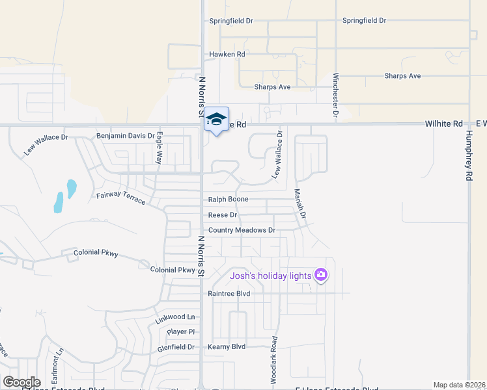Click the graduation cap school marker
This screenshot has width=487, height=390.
[217, 120]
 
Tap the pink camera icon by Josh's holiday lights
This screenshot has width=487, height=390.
[320, 276]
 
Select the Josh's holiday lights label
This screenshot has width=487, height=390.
[271, 276]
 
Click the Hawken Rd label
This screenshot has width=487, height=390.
[227, 55]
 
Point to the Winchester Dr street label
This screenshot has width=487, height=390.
[336, 95]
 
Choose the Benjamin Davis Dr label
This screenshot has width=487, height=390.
[126, 136]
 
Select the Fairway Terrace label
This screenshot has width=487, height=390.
[121, 198]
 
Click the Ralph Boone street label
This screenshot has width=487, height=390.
[228, 200]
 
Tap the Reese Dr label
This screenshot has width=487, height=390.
[223, 214]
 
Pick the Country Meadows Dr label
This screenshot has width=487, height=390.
[242, 230]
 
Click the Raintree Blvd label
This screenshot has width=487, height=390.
[229, 293]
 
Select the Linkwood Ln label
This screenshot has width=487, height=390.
[175, 318]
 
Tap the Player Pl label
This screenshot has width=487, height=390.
[180, 331]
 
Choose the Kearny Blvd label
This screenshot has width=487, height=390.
[227, 346]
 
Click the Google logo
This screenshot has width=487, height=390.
[21, 382]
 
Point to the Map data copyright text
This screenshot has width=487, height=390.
[458, 385]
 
